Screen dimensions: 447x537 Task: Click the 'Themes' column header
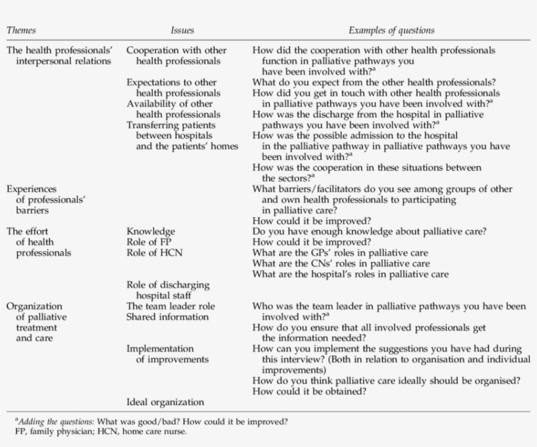point(21,30)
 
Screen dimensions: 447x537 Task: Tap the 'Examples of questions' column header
point(391,30)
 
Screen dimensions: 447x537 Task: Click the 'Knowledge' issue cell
point(150,231)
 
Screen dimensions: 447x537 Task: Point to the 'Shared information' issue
point(167,317)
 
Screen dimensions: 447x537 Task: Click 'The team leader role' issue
point(170,305)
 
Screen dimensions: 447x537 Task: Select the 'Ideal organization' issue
point(165,402)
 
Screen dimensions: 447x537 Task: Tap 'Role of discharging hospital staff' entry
point(168,290)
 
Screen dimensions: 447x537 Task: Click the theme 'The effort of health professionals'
point(39,241)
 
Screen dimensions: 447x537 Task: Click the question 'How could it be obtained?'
point(309,391)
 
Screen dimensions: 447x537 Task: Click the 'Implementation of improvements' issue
point(167,354)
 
